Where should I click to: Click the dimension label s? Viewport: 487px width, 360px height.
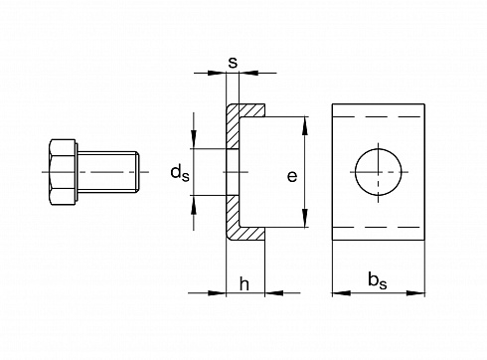(x=233, y=62)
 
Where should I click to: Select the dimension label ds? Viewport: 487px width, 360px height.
(x=180, y=173)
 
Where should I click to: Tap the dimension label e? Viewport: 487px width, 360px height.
(x=292, y=176)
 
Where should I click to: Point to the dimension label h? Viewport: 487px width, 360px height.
(x=244, y=284)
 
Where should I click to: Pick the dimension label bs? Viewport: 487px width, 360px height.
(x=378, y=280)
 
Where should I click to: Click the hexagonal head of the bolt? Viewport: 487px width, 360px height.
(x=62, y=172)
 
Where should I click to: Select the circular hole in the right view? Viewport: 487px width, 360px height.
(x=378, y=172)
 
